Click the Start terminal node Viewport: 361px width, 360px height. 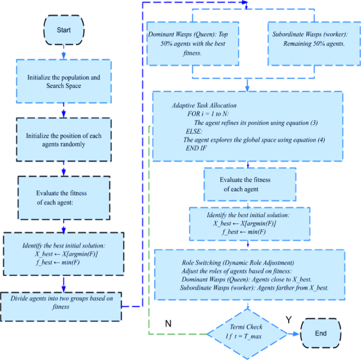click(x=63, y=30)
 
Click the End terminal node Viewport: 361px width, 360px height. click(x=320, y=333)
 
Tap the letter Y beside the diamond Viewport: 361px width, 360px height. click(x=288, y=320)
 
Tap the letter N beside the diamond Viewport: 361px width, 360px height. click(x=168, y=324)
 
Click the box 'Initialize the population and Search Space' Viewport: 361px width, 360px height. click(x=63, y=81)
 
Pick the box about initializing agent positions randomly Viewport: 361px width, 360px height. click(x=63, y=140)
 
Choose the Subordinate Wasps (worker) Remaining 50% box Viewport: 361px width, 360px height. click(x=309, y=44)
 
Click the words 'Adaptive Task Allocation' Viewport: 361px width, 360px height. click(x=204, y=105)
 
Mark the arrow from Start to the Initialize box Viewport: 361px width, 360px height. click(x=63, y=51)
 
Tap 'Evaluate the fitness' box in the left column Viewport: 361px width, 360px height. click(x=63, y=198)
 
